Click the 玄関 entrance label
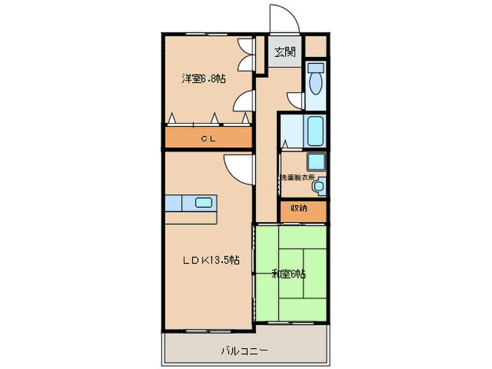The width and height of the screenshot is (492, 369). (285, 51)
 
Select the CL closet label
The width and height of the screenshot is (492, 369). (208, 139)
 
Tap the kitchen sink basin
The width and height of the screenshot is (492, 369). (204, 202)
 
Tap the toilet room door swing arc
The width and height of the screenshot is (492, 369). (296, 101)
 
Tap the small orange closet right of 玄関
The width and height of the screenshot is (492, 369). (316, 48)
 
